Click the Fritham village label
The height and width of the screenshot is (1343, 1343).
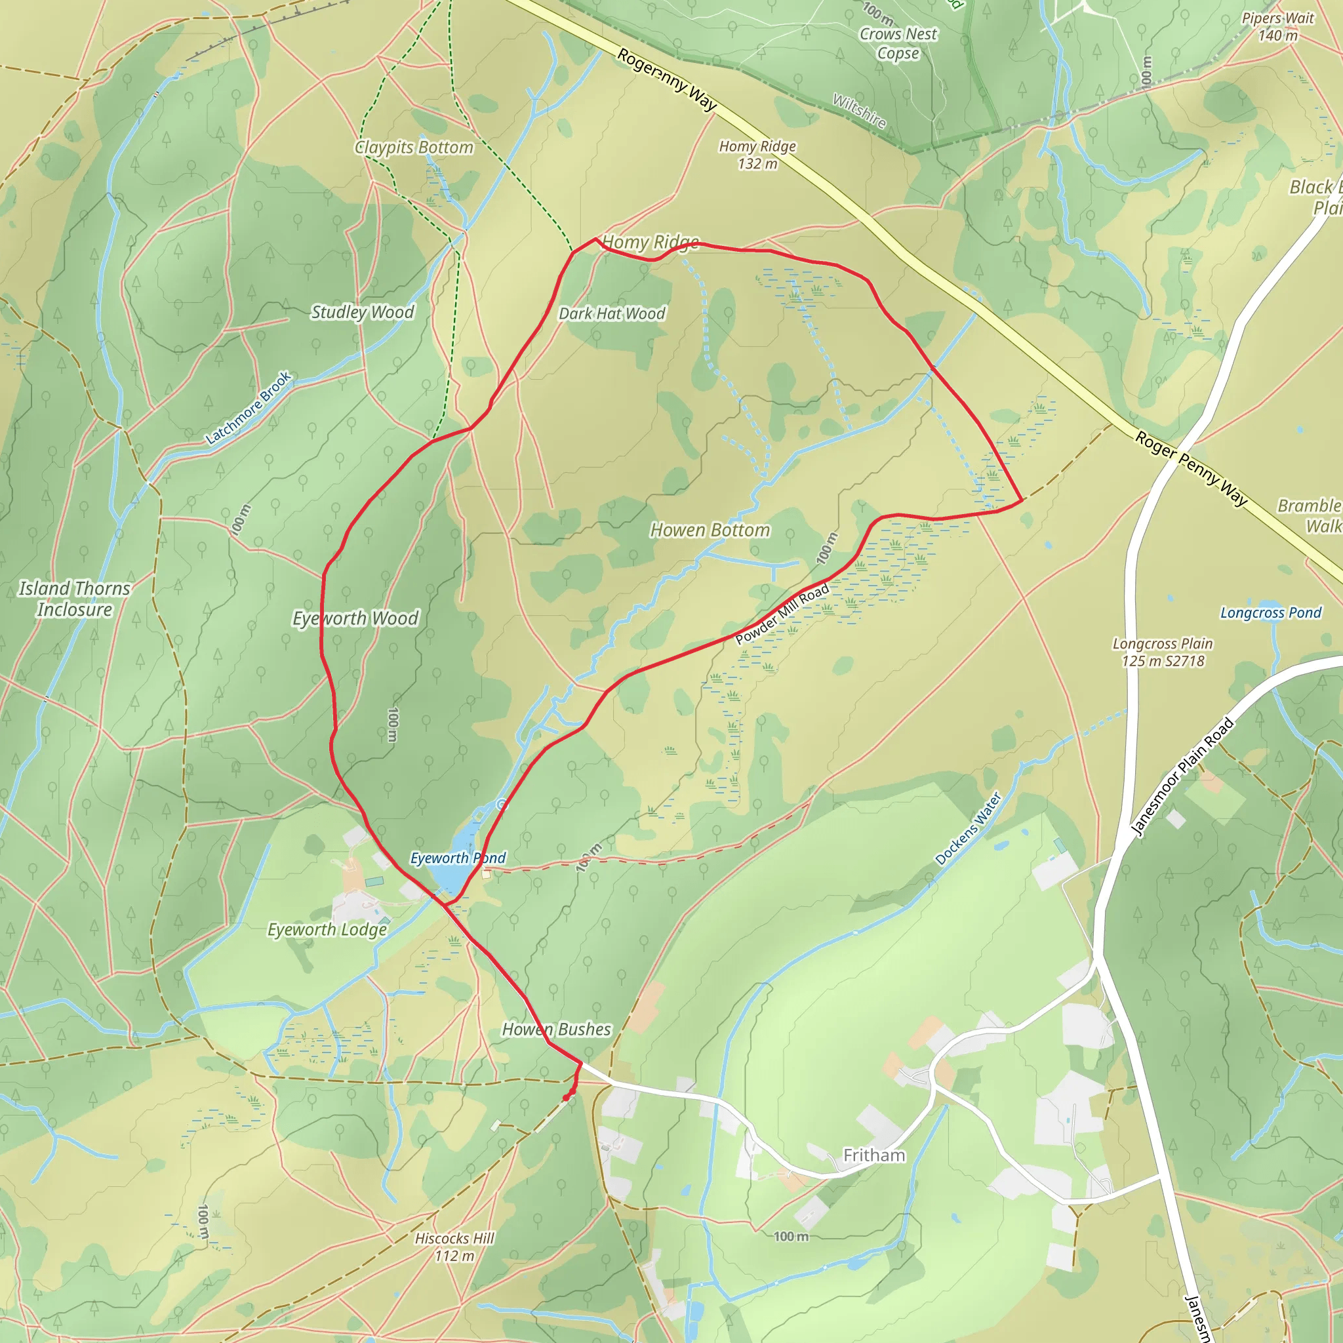(873, 1155)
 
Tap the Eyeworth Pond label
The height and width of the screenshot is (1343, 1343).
(458, 858)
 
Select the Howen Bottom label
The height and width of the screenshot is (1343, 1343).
(710, 531)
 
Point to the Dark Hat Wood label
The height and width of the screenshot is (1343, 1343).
(612, 313)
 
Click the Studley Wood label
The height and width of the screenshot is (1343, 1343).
(362, 312)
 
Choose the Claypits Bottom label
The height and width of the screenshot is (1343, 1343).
(414, 148)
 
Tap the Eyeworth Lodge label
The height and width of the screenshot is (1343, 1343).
(327, 929)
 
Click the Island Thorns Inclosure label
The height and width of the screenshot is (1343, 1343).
(74, 599)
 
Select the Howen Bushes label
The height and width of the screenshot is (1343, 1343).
(557, 1030)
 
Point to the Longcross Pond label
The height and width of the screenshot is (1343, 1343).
(1271, 612)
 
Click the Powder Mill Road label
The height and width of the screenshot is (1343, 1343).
(782, 614)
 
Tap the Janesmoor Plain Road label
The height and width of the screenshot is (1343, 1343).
(1181, 776)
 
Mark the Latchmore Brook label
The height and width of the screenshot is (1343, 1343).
(248, 408)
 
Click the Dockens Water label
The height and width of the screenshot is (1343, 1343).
(968, 829)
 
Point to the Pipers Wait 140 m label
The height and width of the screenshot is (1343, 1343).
(1277, 26)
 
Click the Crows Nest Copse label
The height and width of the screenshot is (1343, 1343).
(898, 43)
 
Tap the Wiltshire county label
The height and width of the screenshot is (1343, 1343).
(859, 111)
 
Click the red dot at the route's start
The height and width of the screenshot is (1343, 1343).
(567, 1097)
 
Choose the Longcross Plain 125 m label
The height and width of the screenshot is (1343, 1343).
(1162, 652)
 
